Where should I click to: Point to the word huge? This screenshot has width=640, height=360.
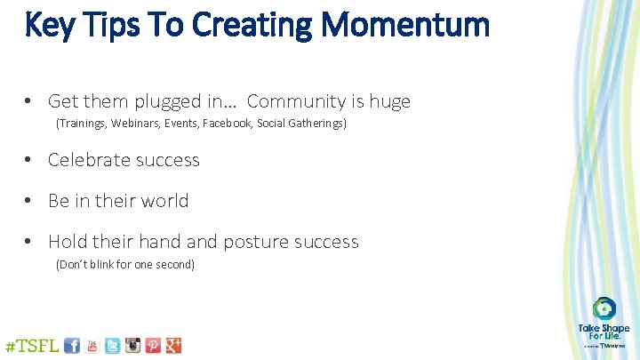pyautogui.click(x=387, y=101)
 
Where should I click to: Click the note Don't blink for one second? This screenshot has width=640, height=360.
pyautogui.click(x=125, y=264)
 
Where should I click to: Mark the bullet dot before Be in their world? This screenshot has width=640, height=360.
pyautogui.click(x=29, y=201)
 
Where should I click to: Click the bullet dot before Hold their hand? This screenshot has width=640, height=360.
pyautogui.click(x=29, y=242)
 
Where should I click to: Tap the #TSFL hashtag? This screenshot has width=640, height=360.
pyautogui.click(x=33, y=345)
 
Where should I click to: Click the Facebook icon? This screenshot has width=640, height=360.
pyautogui.click(x=72, y=346)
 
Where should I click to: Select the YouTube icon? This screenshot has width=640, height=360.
pyautogui.click(x=92, y=346)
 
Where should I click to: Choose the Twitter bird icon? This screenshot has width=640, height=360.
pyautogui.click(x=113, y=346)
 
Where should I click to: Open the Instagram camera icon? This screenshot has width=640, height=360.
pyautogui.click(x=133, y=346)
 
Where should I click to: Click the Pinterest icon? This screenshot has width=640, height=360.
pyautogui.click(x=154, y=346)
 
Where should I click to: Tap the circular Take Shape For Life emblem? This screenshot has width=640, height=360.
pyautogui.click(x=604, y=308)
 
